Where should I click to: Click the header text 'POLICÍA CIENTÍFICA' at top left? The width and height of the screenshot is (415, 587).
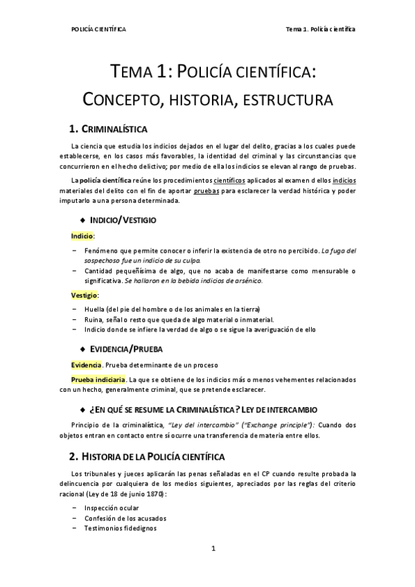(98, 29)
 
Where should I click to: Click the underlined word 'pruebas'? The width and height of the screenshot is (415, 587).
(215, 190)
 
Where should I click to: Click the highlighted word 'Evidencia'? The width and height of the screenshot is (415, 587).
(87, 365)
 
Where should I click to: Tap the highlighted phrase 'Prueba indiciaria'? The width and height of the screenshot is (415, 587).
(98, 379)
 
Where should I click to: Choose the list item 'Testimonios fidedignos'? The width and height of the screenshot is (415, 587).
(121, 528)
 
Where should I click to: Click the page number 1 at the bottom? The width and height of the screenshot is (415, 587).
(213, 549)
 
